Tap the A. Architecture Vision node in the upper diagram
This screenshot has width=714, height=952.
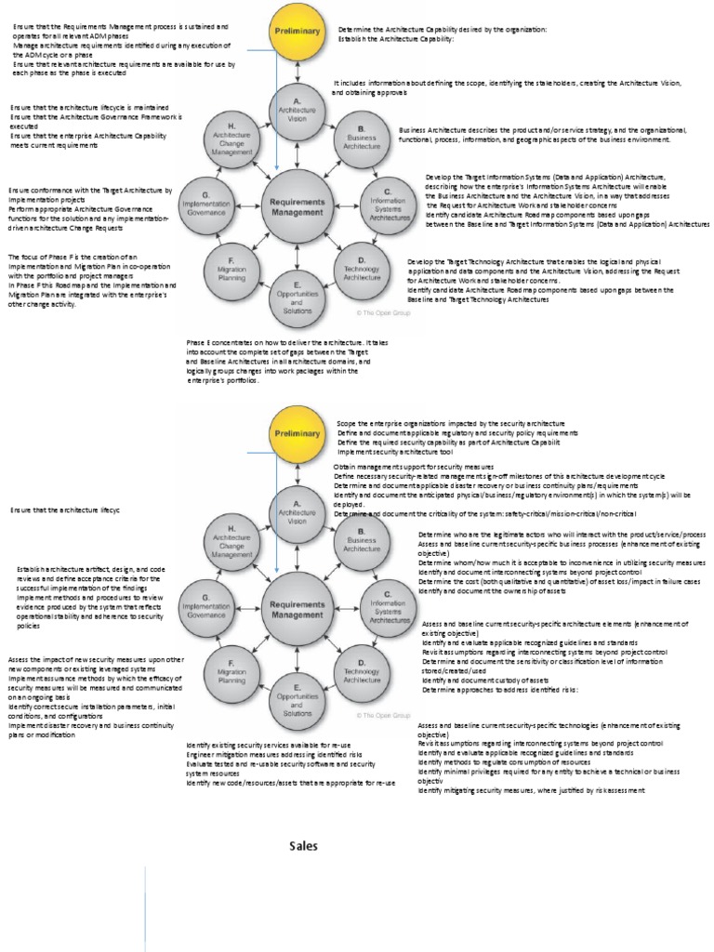coord(297,110)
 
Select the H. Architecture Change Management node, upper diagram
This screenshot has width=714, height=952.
coord(231,138)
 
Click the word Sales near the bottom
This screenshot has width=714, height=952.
coord(303,846)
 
